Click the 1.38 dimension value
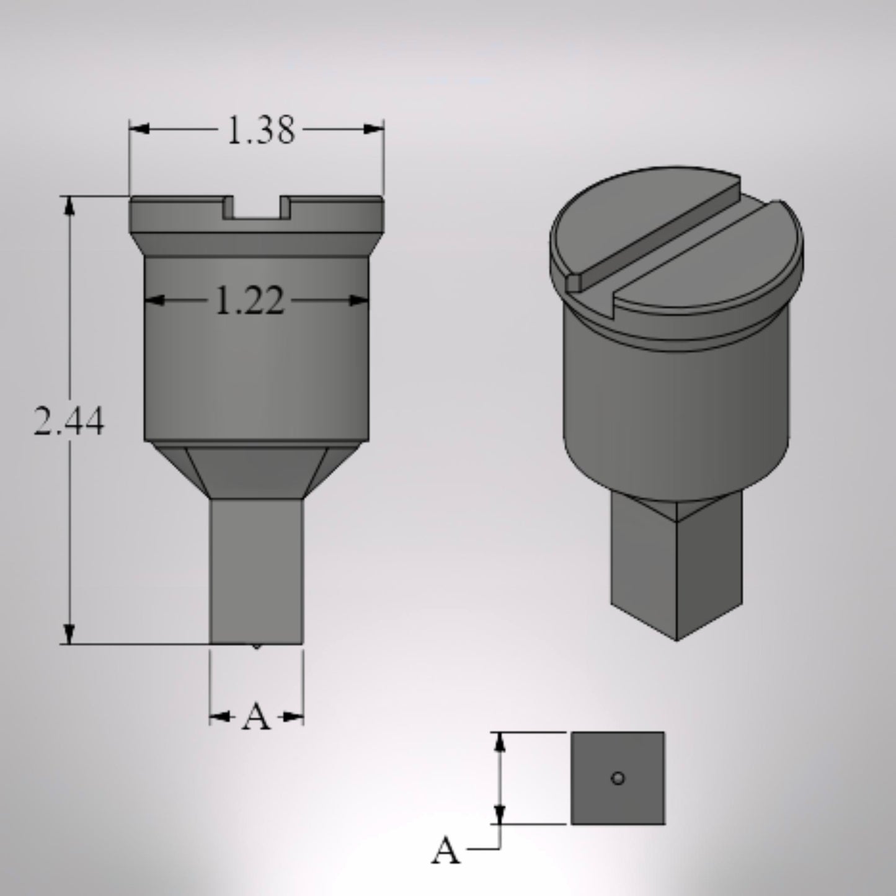tap(260, 131)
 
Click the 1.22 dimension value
tap(249, 302)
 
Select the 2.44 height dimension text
tap(69, 422)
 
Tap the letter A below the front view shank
tap(257, 718)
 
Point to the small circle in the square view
tap(618, 778)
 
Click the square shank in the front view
tap(257, 570)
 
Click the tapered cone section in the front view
tap(257, 471)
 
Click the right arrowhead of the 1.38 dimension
tap(374, 129)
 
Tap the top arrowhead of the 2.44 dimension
tap(69, 206)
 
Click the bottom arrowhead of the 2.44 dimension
tap(69, 634)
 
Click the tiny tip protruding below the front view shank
tap(257, 647)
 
